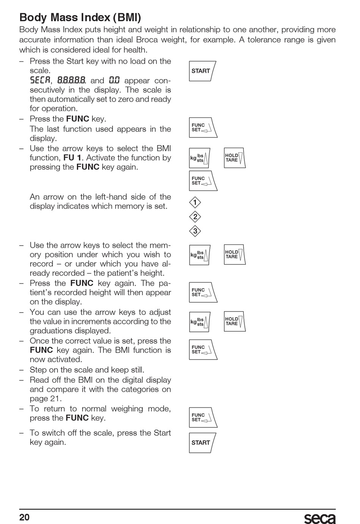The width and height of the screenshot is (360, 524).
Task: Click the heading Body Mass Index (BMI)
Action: click(80, 17)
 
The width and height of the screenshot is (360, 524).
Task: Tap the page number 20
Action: click(24, 517)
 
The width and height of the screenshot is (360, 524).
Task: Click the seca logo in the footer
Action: click(320, 518)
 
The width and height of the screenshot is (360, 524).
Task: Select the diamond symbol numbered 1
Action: click(195, 203)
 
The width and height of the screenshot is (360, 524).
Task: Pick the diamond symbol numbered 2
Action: click(195, 217)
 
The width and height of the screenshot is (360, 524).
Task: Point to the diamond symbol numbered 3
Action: click(195, 231)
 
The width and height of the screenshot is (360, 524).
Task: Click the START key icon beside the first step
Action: click(202, 71)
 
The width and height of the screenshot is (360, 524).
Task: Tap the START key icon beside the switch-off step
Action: click(202, 443)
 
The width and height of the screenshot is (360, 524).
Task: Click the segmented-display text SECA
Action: click(40, 80)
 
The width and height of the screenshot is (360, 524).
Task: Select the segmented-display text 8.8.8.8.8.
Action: click(72, 80)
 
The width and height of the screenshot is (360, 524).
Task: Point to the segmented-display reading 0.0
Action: click(114, 80)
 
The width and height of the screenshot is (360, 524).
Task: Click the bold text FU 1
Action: click(72, 158)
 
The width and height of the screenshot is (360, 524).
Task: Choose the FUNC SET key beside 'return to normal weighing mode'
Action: click(203, 418)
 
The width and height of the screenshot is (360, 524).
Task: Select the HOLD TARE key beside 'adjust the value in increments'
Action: click(235, 321)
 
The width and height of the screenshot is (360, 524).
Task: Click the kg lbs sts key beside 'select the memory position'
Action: click(200, 255)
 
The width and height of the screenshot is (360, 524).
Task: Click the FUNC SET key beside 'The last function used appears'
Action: click(203, 127)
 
